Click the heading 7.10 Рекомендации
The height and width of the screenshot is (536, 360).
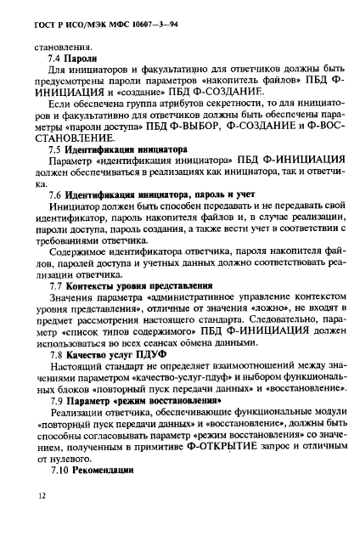[98, 469]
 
